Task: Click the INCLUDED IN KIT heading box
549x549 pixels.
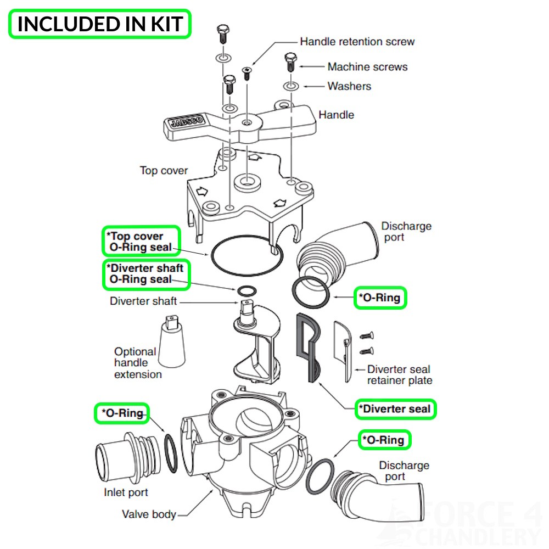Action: point(99,24)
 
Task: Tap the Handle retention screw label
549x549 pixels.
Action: point(357,42)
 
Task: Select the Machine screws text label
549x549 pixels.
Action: point(367,67)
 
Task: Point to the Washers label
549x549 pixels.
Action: point(349,86)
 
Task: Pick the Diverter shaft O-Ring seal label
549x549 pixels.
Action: point(146,274)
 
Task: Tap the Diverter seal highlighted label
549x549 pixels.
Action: point(395,409)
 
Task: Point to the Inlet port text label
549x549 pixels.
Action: point(126,492)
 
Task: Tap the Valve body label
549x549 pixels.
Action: point(149,514)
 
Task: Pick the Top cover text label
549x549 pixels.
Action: point(164,171)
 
